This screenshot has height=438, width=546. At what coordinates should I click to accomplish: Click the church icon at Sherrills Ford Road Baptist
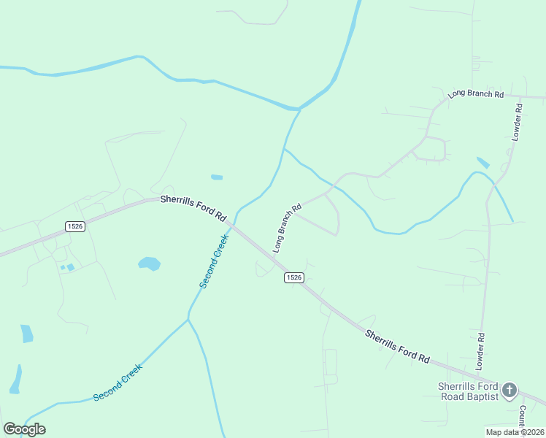point(510,389)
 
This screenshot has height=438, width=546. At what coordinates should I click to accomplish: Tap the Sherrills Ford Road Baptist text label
point(467,391)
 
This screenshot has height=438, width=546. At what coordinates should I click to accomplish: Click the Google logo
point(24,429)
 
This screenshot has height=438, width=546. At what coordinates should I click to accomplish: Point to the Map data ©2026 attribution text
point(515,432)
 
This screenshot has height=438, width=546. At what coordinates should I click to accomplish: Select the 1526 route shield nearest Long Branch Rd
point(293,277)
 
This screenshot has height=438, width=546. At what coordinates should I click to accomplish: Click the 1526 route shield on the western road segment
point(75,226)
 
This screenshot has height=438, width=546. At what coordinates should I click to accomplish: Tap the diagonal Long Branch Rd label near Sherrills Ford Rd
point(287,228)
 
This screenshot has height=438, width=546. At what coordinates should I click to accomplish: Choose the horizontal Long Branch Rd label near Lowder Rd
point(476,95)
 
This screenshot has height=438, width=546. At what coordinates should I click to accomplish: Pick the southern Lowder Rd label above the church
point(480,351)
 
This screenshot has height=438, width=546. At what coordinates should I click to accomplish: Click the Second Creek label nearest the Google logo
point(117,383)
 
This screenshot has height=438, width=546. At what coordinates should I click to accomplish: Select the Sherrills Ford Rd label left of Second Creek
point(193,207)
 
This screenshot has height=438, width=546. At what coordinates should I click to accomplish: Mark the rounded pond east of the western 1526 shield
point(149,263)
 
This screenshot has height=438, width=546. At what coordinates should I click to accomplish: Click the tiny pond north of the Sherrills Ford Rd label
point(217,177)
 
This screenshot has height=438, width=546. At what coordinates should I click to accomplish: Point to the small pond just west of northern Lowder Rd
point(482,163)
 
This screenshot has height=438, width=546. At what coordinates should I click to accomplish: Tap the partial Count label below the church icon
point(522,417)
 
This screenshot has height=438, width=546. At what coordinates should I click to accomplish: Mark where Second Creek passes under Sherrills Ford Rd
point(234,224)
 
